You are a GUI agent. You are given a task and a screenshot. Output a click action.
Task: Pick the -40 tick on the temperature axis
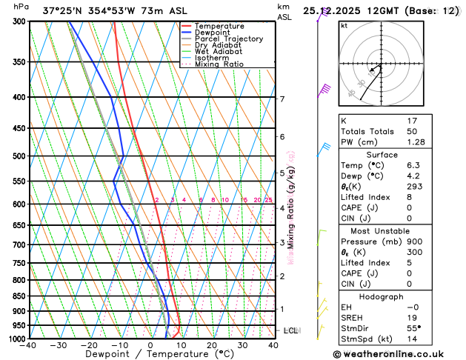pos(29,345)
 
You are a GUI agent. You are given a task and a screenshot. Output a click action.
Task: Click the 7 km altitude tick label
pos(282,99)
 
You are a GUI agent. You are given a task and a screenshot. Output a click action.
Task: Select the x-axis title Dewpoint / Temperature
pos(150,355)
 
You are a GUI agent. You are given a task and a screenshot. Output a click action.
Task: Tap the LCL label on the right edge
pos(290,330)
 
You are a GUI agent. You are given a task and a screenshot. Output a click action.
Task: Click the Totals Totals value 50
pos(412,131)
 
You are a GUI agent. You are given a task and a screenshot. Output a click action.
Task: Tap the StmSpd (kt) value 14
pos(412,339)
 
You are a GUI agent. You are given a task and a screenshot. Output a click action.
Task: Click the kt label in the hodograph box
pos(344,25)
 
